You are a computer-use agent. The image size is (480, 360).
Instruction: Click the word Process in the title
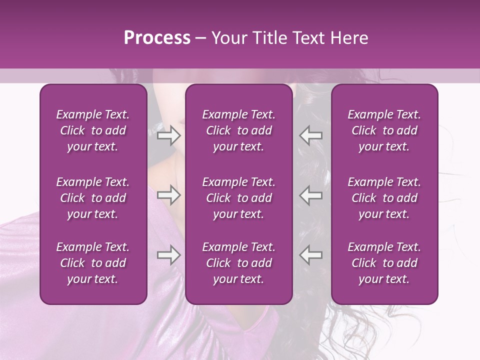[x=157, y=38]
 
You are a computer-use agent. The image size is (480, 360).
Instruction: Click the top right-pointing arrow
[x=168, y=135]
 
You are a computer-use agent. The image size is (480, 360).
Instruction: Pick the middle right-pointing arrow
[x=168, y=195]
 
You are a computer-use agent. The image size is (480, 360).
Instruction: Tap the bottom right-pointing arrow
[x=168, y=255]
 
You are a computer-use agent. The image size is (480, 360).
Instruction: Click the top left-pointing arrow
[x=311, y=135]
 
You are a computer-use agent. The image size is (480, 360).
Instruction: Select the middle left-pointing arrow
[x=311, y=195]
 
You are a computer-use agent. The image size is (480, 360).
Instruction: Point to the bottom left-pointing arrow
[x=311, y=255]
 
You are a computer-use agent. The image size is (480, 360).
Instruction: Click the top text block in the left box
[x=93, y=130]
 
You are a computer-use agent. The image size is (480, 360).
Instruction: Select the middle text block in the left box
[x=93, y=198]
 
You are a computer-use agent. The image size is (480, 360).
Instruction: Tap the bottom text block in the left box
[x=93, y=263]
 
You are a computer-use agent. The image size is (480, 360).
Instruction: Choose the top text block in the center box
[x=239, y=130]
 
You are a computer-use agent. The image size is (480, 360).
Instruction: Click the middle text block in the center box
[x=239, y=198]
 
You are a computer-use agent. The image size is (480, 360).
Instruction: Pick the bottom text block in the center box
[x=239, y=263]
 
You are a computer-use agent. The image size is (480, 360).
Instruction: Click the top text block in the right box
[x=384, y=130]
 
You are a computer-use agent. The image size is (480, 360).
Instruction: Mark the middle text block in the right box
[x=384, y=198]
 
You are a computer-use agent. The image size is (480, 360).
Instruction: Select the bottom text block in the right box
[x=384, y=263]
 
